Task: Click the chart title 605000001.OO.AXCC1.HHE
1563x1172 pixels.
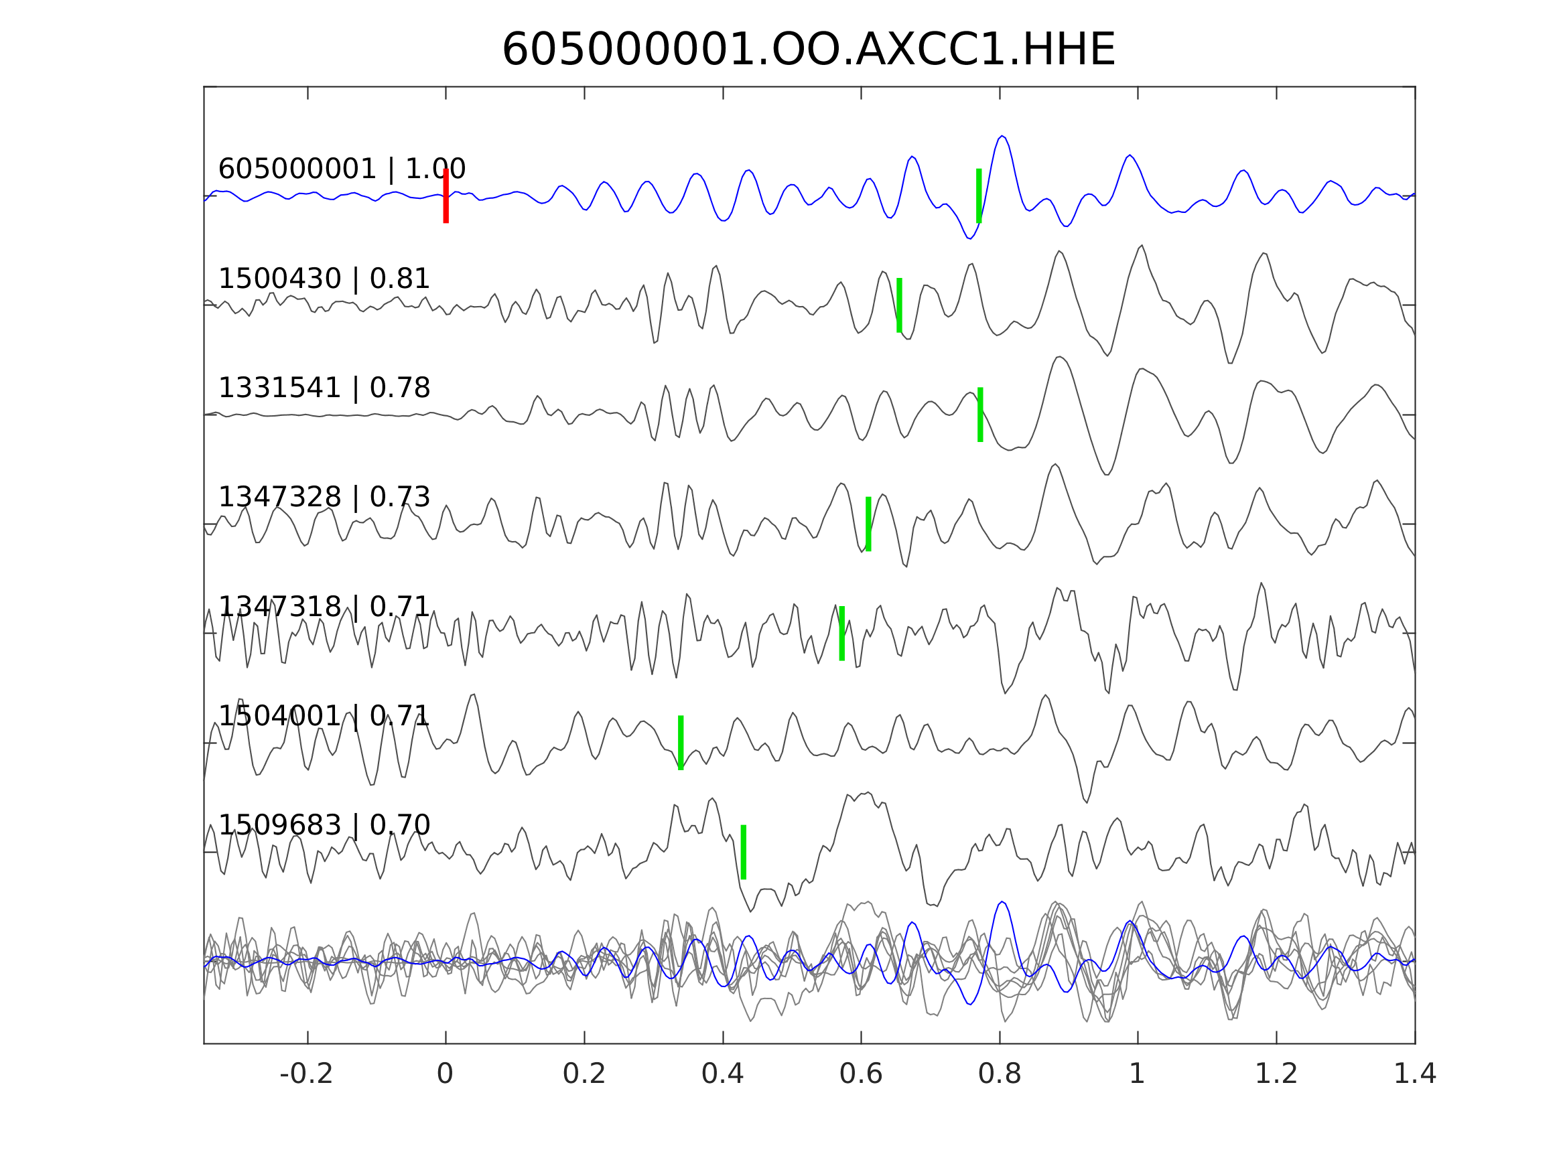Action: [x=808, y=50]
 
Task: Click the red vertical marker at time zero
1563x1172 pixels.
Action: [x=446, y=196]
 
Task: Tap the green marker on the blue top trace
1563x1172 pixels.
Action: [x=979, y=196]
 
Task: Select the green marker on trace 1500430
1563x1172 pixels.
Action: [x=899, y=305]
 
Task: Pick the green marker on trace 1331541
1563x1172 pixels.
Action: [x=980, y=415]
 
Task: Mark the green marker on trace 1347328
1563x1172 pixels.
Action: [x=868, y=524]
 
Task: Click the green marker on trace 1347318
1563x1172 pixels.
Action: [x=841, y=634]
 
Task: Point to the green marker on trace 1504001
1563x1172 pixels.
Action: [x=681, y=743]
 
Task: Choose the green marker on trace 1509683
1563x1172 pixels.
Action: [x=744, y=853]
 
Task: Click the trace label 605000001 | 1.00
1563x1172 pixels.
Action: [x=342, y=169]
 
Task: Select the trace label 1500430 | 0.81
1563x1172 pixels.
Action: [x=324, y=279]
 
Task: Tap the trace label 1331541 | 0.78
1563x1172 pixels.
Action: [x=324, y=388]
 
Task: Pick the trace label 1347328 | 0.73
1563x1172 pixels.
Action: [x=324, y=498]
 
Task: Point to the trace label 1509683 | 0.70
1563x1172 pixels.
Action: [x=324, y=825]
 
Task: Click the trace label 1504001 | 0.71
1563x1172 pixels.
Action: [x=324, y=717]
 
